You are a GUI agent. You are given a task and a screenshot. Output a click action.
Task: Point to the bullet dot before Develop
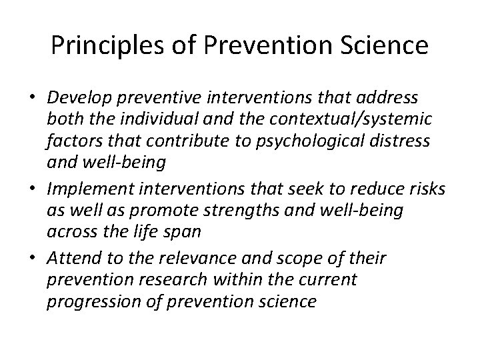click(x=32, y=99)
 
